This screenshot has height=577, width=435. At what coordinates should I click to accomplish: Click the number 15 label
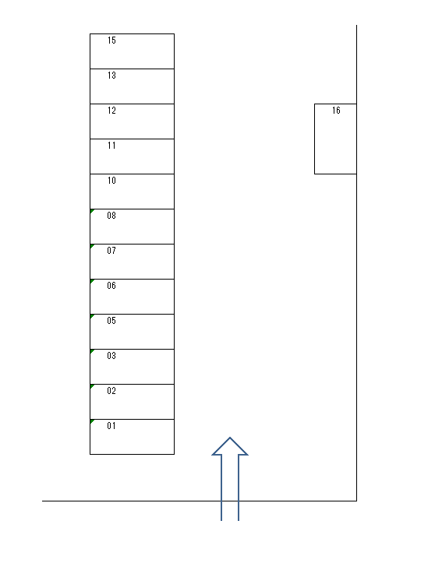[x=111, y=40]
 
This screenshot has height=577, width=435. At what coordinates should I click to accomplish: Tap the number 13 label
[x=111, y=76]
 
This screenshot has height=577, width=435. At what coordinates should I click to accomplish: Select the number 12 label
[x=111, y=111]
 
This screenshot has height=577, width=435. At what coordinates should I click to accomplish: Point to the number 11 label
[x=111, y=146]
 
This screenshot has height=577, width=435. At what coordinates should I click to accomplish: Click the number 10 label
[x=111, y=181]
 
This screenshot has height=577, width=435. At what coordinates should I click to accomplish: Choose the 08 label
[x=111, y=216]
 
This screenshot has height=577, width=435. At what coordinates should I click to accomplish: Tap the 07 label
[x=111, y=251]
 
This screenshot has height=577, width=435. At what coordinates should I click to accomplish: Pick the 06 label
[x=111, y=286]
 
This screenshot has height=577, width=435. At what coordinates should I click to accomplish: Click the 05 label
[x=111, y=321]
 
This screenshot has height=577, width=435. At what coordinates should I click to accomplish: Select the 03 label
[x=111, y=356]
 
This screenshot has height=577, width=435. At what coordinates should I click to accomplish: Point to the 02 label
[x=111, y=390]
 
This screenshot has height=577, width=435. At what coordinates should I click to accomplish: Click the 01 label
[x=111, y=426]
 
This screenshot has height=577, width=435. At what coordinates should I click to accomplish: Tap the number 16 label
[x=336, y=111]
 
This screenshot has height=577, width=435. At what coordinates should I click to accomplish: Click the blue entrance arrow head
[x=230, y=446]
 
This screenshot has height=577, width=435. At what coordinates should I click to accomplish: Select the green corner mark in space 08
[x=92, y=211]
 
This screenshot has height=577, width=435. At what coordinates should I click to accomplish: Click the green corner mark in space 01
[x=92, y=421]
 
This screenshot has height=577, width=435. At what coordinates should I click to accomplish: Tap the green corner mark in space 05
[x=92, y=316]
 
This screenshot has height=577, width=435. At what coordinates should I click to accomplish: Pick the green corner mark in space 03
[x=92, y=351]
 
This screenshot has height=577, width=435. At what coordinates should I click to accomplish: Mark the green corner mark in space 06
[x=92, y=281]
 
